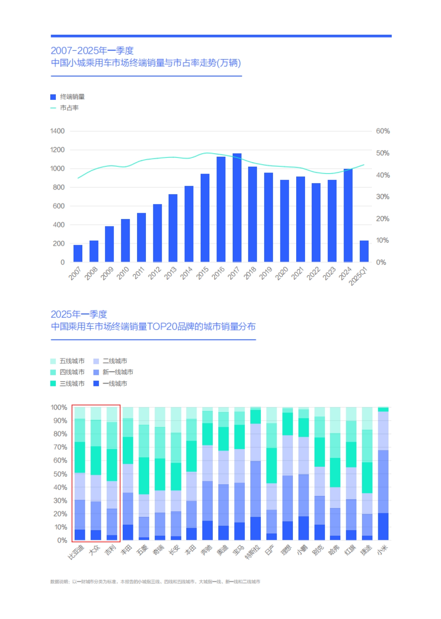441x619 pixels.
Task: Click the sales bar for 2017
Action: (x=237, y=208)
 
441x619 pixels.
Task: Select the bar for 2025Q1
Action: (x=364, y=251)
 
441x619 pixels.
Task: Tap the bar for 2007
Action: (x=78, y=253)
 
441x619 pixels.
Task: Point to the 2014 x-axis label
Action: (x=186, y=273)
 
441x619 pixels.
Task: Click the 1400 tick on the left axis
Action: (x=57, y=131)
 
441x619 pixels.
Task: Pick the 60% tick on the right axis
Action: (x=383, y=131)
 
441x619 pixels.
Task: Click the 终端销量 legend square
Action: (x=53, y=97)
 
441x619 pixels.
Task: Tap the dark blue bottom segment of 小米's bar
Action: (x=383, y=527)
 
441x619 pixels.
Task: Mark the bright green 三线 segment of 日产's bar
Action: (x=272, y=465)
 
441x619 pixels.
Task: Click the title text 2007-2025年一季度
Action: (x=92, y=51)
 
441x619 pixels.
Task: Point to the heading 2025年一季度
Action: (x=79, y=314)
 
